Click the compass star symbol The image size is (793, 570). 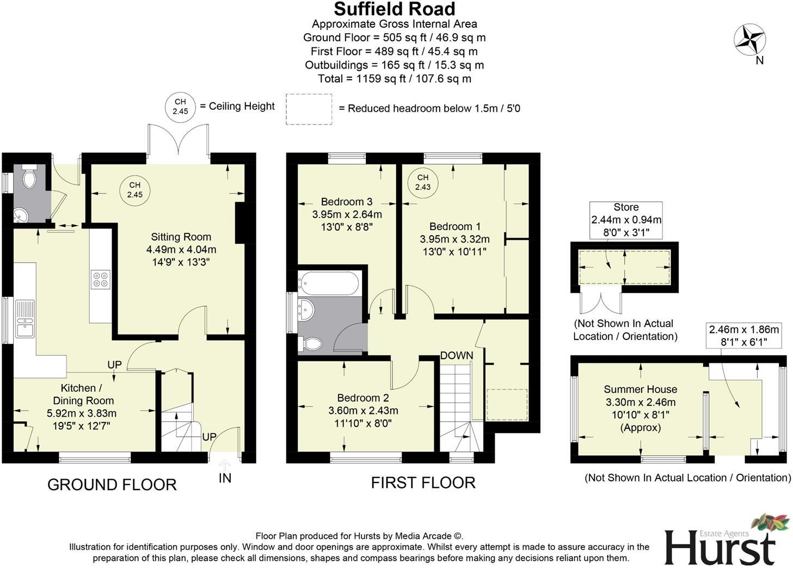click(749, 40)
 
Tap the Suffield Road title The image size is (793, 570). click(394, 9)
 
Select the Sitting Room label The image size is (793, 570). click(181, 237)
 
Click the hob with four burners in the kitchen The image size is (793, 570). click(101, 279)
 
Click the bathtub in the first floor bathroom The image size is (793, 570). click(328, 283)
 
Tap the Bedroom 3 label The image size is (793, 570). click(346, 202)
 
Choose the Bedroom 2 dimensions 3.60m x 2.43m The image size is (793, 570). click(363, 411)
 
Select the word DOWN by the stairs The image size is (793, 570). click(456, 356)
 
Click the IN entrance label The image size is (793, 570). click(225, 478)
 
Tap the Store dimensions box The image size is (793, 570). click(626, 220)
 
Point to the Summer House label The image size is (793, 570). click(640, 389)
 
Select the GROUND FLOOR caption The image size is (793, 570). click(112, 485)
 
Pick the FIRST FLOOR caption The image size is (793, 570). click(423, 482)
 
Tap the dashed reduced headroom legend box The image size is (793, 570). click(309, 109)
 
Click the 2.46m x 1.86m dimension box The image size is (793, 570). click(743, 335)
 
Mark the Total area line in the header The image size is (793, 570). click(394, 78)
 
